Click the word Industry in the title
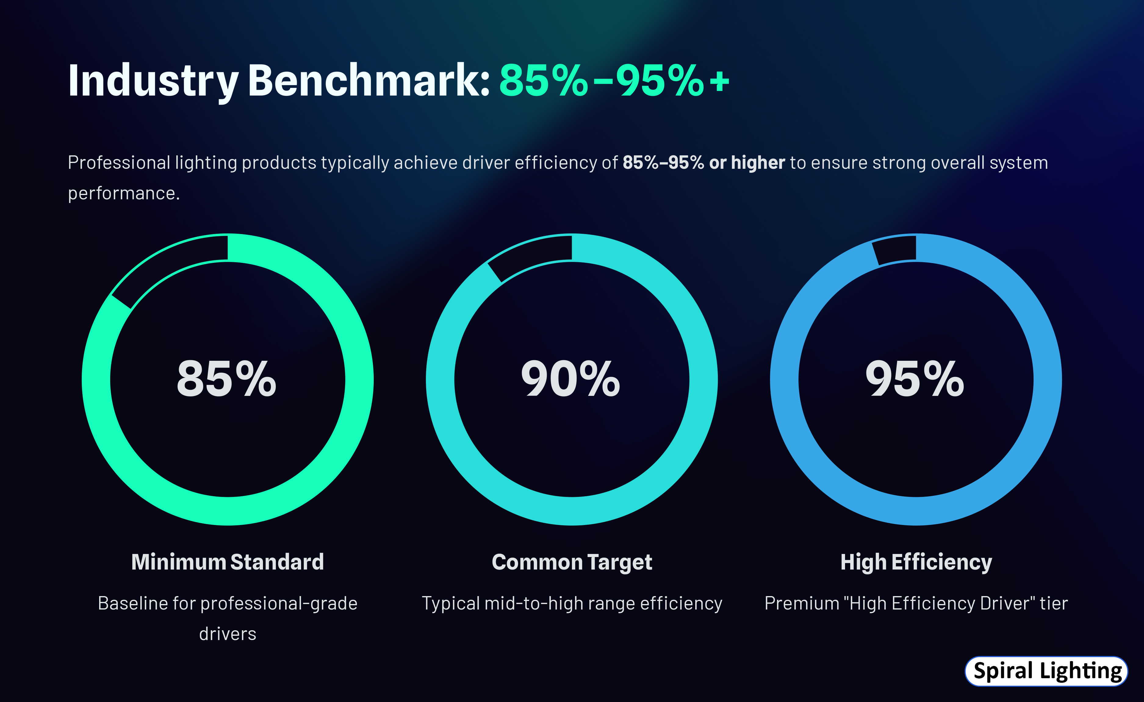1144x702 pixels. [153, 81]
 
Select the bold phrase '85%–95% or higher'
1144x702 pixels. [703, 163]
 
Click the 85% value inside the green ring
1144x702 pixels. [227, 379]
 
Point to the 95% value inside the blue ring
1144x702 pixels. [915, 379]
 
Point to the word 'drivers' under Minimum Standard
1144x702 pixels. [228, 634]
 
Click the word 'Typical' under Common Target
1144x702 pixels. [450, 603]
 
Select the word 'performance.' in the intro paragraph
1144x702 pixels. [124, 193]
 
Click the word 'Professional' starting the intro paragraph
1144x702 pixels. [119, 163]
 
